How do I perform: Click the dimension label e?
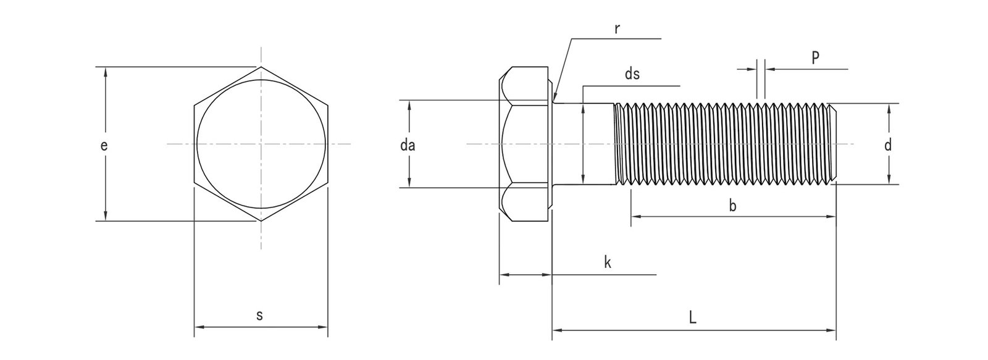[104, 146]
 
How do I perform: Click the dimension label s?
[259, 316]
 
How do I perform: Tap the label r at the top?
[617, 29]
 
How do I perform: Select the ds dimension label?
[632, 75]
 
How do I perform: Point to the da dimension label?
[408, 146]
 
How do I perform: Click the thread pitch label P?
[815, 57]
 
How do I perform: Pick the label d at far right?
[888, 146]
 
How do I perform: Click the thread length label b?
[732, 206]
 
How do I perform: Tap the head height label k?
[607, 262]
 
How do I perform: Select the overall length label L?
[693, 319]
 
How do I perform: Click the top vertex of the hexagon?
[261, 67]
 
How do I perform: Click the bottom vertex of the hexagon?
[261, 220]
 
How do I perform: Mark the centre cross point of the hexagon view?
[261, 144]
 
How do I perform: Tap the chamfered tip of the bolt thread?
[835, 144]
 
